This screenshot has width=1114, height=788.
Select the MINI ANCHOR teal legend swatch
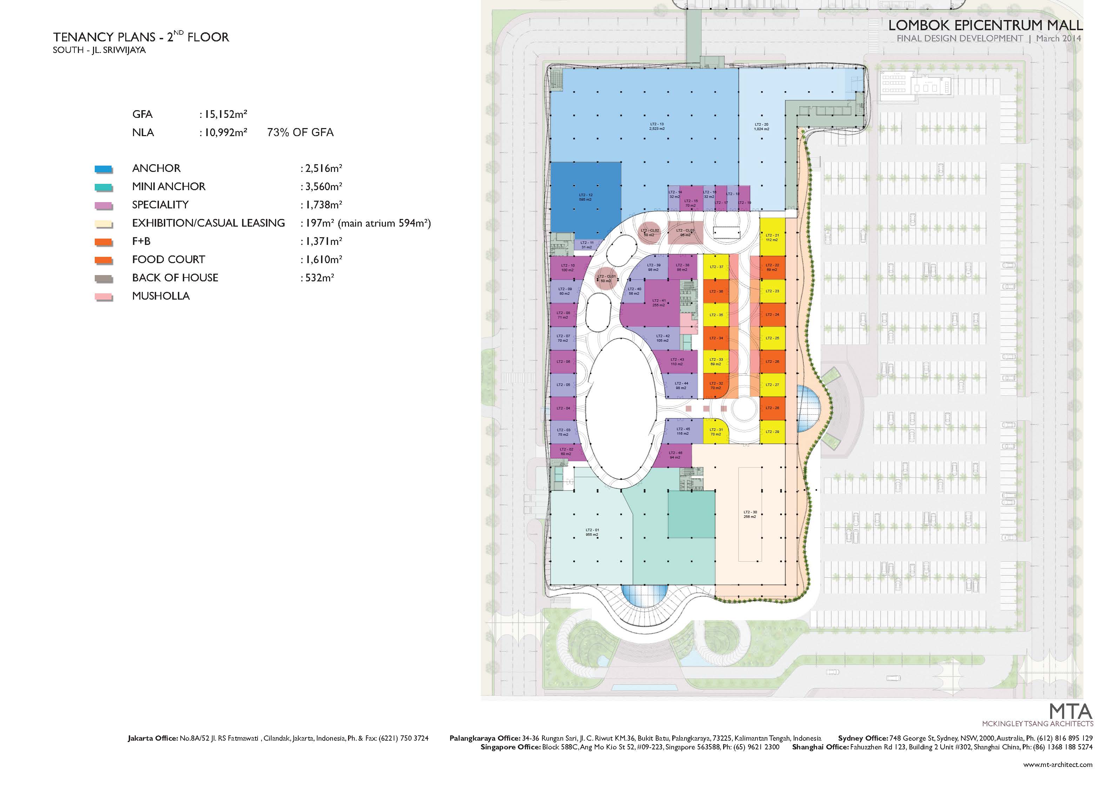coord(104,187)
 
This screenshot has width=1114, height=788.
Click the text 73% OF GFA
coord(300,133)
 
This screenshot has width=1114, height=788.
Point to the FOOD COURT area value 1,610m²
coord(323,260)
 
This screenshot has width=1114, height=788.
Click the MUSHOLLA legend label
coord(161,296)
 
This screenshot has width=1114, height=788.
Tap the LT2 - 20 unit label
coord(761,126)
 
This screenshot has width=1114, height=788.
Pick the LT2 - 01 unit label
coord(592,532)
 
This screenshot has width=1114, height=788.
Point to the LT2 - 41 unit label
coord(659,303)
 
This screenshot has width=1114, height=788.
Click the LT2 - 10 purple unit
coord(568,268)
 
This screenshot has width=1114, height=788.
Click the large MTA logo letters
coord(1071,712)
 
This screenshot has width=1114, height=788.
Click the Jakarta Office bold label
coord(152,738)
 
